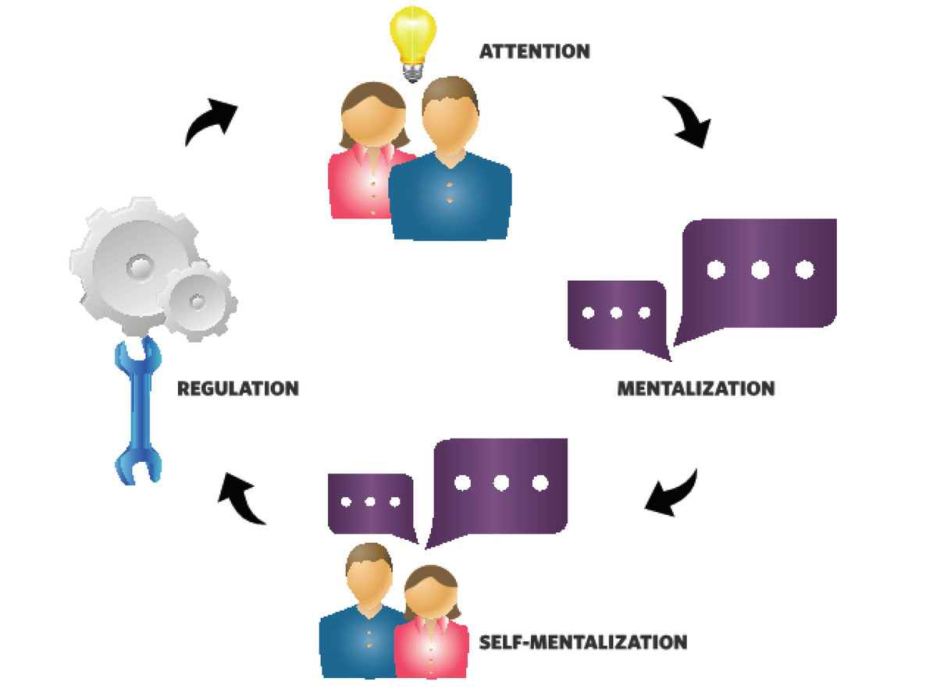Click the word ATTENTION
tap(534, 52)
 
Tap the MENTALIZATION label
tap(696, 388)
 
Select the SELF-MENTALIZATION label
tap(584, 642)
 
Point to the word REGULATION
tap(237, 388)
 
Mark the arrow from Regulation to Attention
tap(211, 121)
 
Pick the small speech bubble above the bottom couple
tap(370, 502)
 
